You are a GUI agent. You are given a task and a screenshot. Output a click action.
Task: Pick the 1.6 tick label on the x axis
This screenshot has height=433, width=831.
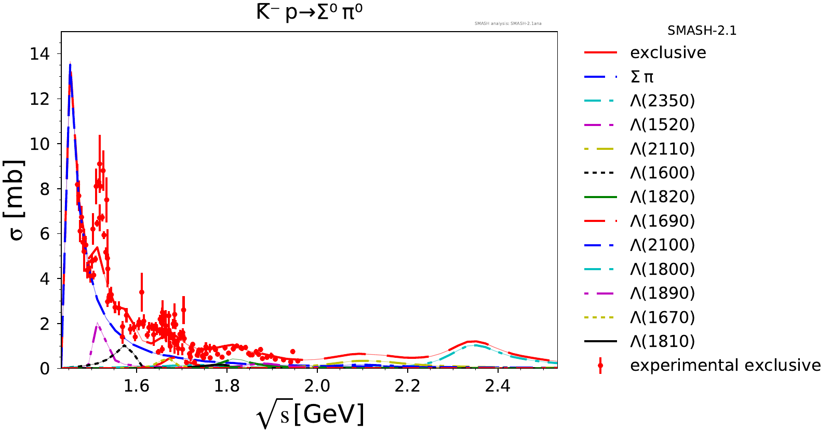(137, 386)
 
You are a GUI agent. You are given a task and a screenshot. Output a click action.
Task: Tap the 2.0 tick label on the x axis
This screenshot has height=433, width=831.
(317, 386)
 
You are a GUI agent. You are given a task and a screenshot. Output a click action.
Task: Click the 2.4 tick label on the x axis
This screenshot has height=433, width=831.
(498, 386)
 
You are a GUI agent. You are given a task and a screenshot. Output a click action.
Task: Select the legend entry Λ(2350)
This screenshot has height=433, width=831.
(662, 101)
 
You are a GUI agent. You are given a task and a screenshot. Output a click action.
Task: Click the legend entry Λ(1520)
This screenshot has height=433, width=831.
(662, 124)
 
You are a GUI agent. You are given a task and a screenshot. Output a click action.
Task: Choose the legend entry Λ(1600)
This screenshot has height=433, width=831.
(662, 173)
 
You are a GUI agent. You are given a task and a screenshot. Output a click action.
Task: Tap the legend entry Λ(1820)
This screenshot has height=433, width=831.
(662, 197)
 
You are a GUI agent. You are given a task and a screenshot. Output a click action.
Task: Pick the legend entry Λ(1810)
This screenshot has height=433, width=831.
(662, 341)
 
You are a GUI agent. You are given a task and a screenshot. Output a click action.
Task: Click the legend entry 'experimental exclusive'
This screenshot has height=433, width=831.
(725, 365)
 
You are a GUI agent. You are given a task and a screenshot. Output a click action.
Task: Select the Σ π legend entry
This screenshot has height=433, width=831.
(642, 77)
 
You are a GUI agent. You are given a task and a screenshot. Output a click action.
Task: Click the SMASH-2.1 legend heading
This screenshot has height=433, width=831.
(702, 31)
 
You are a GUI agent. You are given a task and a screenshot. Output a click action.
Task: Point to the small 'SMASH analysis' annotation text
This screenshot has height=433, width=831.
(508, 23)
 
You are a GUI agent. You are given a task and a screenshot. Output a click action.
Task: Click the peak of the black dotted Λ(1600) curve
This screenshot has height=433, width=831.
(124, 345)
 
